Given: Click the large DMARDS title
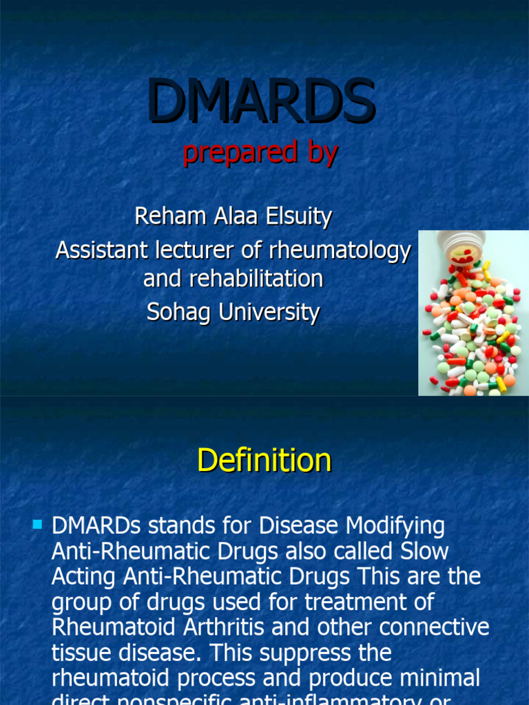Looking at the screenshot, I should coord(261,101).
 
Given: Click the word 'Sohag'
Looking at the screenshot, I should coord(179,313).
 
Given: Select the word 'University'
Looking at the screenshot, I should coord(269,313).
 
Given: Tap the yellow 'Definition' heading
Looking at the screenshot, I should coord(264,460).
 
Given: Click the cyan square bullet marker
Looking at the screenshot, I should coord(37,525).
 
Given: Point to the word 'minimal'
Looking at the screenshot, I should coord(436,678).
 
